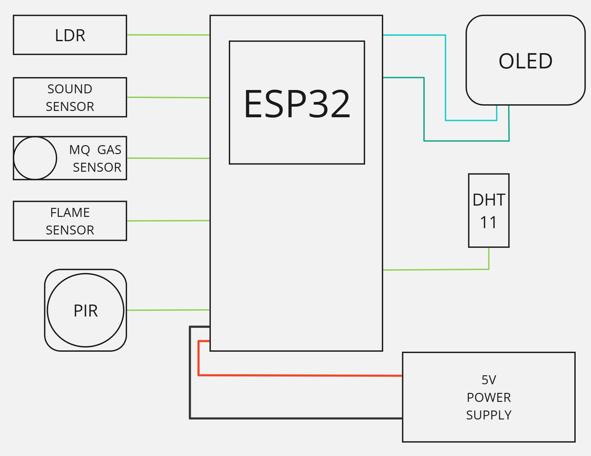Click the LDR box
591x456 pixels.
tap(70, 35)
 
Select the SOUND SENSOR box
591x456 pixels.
tap(70, 97)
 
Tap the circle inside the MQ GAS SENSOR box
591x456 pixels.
tap(35, 158)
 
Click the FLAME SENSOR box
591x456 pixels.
tap(70, 221)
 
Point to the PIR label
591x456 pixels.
tap(85, 311)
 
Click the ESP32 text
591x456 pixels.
tap(297, 104)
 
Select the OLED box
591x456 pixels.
tap(525, 60)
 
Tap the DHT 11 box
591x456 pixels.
tap(489, 211)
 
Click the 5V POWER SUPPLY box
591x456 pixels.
tap(489, 397)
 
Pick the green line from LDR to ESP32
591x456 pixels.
tap(168, 35)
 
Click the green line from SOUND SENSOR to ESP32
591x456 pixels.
tap(168, 97)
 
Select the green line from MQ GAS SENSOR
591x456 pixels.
tap(168, 158)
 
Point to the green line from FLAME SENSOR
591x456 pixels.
tap(168, 221)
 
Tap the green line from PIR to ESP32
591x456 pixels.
tap(168, 310)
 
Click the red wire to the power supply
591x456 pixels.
tap(299, 375)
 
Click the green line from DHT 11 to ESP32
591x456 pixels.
tap(436, 270)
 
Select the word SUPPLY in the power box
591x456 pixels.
tap(489, 415)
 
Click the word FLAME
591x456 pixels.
tap(70, 213)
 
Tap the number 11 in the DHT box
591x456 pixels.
tap(489, 222)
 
